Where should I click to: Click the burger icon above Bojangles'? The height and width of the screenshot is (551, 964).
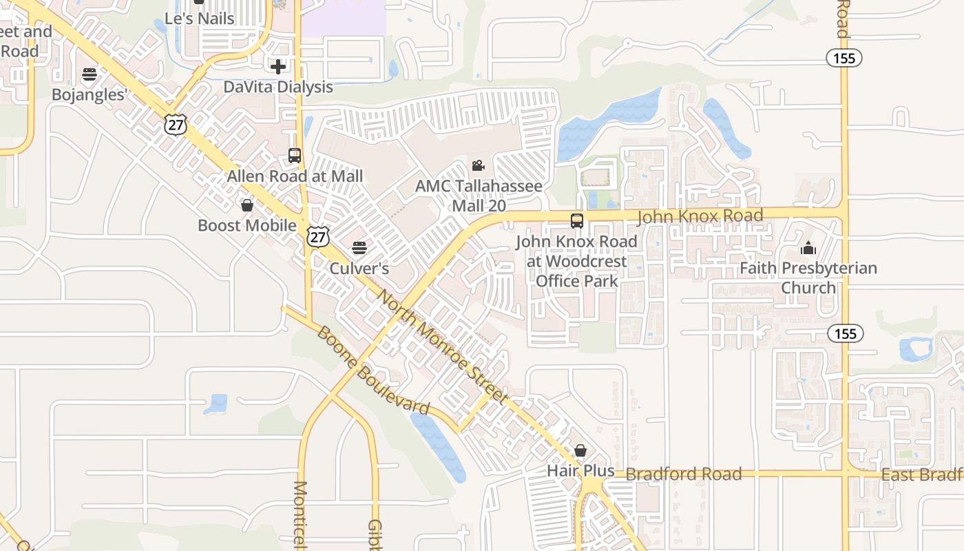90,74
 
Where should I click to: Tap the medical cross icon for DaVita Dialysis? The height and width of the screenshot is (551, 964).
278,67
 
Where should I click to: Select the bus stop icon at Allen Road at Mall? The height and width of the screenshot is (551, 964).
295,156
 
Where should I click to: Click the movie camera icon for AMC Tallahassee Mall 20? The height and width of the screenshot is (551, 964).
478,165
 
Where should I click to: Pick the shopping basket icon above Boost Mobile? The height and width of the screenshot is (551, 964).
247,205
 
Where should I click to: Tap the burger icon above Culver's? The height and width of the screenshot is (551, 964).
359,247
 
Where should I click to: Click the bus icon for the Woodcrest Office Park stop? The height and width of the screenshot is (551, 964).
577,221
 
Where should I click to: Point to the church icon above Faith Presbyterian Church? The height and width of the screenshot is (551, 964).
808,248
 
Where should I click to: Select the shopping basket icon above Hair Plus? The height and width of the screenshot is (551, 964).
580,450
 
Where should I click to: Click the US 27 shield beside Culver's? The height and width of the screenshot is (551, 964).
318,237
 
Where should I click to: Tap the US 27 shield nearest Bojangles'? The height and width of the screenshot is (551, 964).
176,124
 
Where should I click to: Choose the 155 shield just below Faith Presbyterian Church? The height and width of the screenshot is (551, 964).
845,334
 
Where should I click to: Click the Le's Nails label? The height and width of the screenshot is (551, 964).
201,19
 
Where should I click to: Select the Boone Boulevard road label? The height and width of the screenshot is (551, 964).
373,371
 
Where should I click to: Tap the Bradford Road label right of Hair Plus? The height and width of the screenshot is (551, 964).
684,474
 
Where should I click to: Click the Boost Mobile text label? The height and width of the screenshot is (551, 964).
247,225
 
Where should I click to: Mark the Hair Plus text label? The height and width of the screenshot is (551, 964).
580,470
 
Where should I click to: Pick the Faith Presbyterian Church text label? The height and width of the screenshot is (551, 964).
808,278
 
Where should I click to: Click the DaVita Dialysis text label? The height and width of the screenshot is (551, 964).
278,87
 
